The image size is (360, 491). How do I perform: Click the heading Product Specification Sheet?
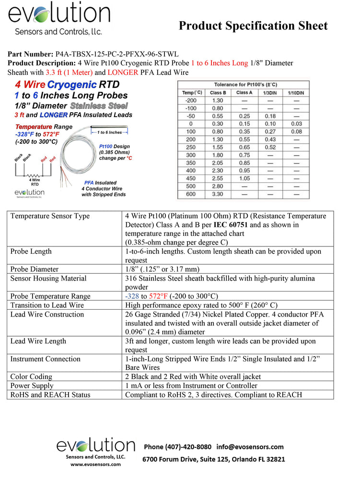pyautogui.click(x=253, y=26)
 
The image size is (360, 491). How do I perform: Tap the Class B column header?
pyautogui.click(x=218, y=93)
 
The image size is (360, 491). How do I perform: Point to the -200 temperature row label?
pyautogui.click(x=191, y=101)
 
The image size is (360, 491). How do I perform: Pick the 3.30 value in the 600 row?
pyautogui.click(x=218, y=195)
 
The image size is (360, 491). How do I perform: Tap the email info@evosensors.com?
pyautogui.click(x=250, y=447)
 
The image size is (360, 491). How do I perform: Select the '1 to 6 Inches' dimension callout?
pyautogui.click(x=110, y=132)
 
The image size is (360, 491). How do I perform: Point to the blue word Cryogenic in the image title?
pyautogui.click(x=72, y=85)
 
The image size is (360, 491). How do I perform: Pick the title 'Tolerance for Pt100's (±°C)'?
pyautogui.click(x=244, y=84)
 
